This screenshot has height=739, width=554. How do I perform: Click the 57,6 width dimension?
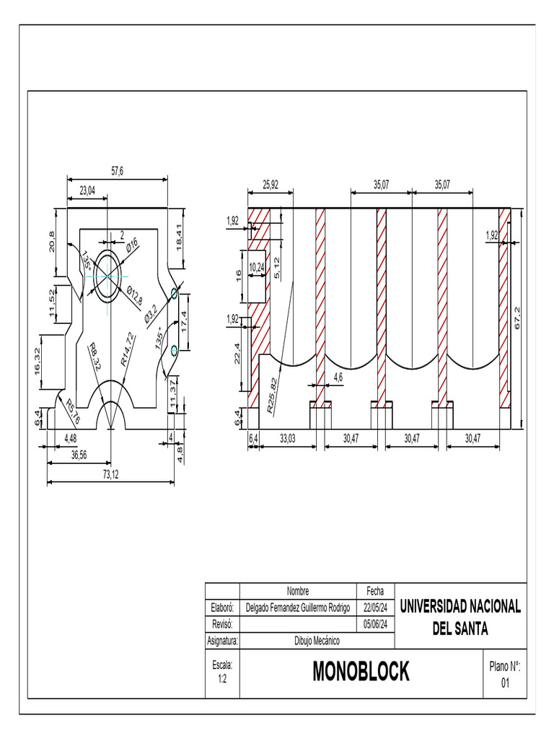tap(117, 171)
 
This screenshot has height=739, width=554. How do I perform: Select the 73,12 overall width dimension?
tap(110, 475)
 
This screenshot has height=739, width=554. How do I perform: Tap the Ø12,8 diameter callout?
tap(134, 296)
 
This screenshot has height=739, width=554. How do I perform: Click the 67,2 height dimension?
tap(517, 317)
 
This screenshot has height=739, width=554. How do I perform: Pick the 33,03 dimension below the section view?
tap(289, 438)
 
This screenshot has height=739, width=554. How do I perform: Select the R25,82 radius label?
tap(271, 395)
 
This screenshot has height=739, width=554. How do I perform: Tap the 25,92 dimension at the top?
tap(271, 185)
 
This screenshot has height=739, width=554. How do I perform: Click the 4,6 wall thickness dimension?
tap(338, 377)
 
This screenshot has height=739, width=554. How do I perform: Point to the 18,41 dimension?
tap(177, 237)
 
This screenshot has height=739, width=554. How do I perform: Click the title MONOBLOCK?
tap(361, 672)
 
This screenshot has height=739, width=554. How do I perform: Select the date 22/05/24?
tap(375, 608)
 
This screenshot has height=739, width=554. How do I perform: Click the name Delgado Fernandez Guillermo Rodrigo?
tap(297, 608)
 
